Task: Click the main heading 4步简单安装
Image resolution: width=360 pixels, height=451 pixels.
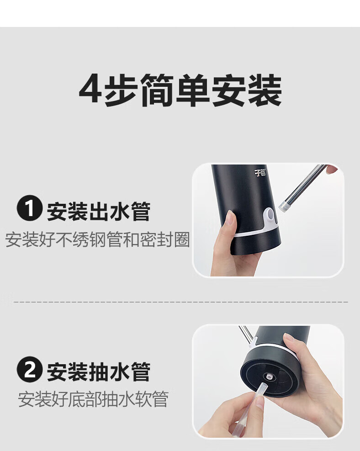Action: pos(180,90)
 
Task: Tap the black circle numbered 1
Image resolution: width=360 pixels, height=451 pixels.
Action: pos(30,208)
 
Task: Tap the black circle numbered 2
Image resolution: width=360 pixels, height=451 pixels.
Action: pos(30,369)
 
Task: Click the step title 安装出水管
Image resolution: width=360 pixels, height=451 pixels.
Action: pos(99,212)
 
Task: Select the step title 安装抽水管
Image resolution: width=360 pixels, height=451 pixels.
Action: pos(99,372)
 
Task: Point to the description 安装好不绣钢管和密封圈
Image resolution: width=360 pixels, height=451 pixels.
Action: pos(97,239)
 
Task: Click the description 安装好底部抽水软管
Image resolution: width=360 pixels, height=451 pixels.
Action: pos(93,399)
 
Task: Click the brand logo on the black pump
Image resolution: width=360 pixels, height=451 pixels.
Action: pos(260,173)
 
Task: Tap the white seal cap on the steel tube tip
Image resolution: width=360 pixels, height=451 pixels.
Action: pos(284,206)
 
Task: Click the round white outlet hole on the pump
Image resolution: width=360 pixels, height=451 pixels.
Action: pos(270,214)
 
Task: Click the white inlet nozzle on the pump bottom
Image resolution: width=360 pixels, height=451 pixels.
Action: pos(269,376)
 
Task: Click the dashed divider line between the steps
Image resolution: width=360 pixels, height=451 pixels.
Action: pos(181,302)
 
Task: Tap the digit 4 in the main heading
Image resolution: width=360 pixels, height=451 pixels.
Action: pos(90,89)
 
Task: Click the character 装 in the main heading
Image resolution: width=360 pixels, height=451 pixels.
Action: pos(265,90)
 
